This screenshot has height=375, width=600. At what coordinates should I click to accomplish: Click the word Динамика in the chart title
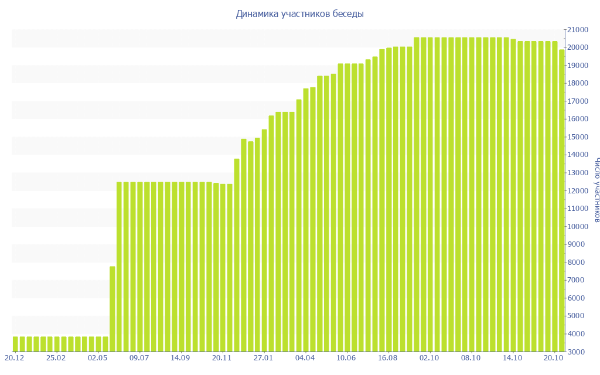256,13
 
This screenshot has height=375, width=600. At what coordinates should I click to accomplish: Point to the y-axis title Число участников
596,190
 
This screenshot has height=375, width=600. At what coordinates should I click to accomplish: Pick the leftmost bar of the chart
15,344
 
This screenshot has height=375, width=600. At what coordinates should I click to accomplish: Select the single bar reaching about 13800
237,255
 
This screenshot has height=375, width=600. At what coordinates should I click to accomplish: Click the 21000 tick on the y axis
578,30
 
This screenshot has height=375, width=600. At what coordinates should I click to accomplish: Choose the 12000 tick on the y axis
578,191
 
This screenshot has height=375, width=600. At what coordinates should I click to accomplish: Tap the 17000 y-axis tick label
578,101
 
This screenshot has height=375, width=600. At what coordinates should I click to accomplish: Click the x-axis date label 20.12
14,357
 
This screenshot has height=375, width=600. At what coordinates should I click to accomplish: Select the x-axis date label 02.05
98,357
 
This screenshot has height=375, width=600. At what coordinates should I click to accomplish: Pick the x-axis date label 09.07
139,357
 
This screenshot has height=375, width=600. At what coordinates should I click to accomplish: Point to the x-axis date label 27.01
264,357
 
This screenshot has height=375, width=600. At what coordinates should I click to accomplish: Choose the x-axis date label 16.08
388,357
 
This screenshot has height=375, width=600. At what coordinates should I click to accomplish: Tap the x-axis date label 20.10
554,357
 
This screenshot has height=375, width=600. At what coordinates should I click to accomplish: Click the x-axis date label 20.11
222,357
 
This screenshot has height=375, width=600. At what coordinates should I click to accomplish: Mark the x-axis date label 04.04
305,357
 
